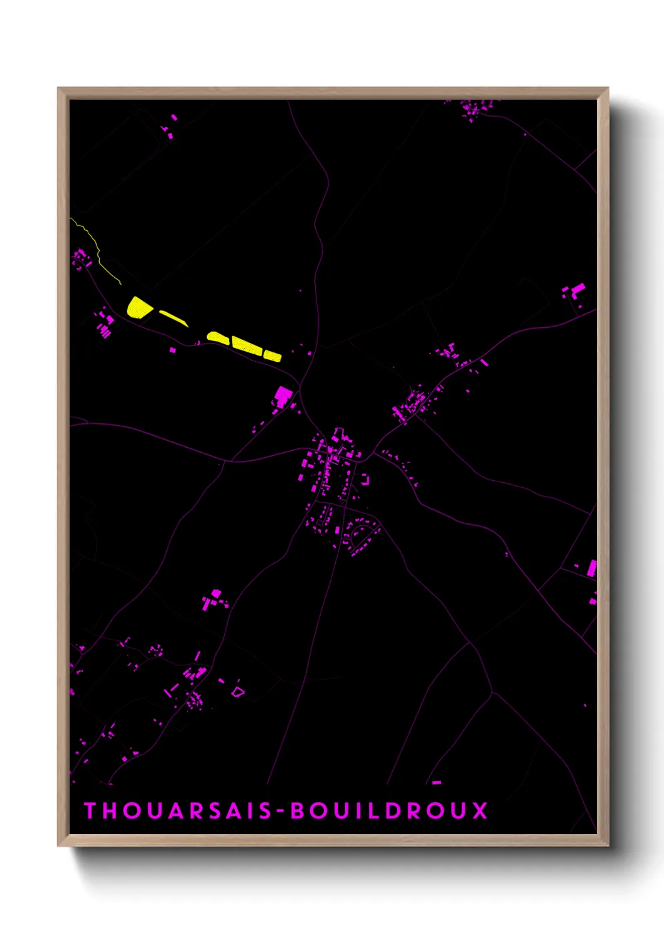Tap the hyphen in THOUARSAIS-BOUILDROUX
point(281,811)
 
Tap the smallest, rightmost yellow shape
point(272,356)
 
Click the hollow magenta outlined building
point(237,692)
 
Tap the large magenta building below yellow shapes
point(283,396)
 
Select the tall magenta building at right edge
point(591,569)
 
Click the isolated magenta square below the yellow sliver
point(173,350)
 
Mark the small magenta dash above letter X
point(437,783)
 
